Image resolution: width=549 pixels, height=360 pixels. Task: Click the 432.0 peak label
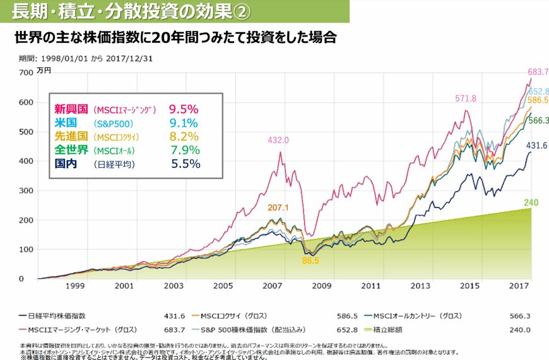click(x=278, y=140)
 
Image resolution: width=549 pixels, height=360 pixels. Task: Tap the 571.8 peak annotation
click(x=465, y=98)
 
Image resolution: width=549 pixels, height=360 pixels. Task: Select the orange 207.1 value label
click(x=278, y=207)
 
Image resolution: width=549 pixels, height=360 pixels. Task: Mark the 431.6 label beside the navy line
click(x=536, y=146)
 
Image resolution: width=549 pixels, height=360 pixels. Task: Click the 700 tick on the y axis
click(x=25, y=73)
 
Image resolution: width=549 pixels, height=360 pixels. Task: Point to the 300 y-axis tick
click(x=25, y=190)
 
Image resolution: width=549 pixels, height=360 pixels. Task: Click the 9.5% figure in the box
click(x=183, y=108)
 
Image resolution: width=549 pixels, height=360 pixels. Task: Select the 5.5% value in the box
click(x=186, y=164)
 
